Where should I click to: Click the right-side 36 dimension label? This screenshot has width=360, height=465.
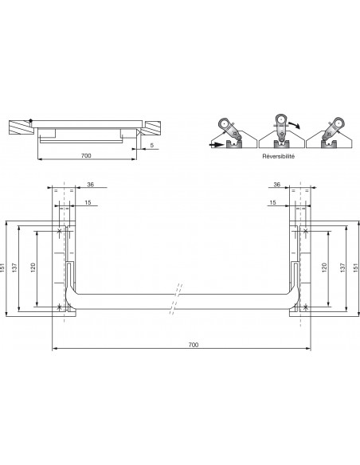click(x=276, y=184)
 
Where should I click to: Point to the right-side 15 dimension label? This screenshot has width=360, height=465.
click(x=272, y=203)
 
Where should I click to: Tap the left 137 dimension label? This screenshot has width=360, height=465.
click(x=21, y=268)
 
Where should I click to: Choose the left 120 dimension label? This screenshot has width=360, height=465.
click(x=34, y=268)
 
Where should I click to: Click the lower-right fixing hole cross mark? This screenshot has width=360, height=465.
click(x=307, y=307)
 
